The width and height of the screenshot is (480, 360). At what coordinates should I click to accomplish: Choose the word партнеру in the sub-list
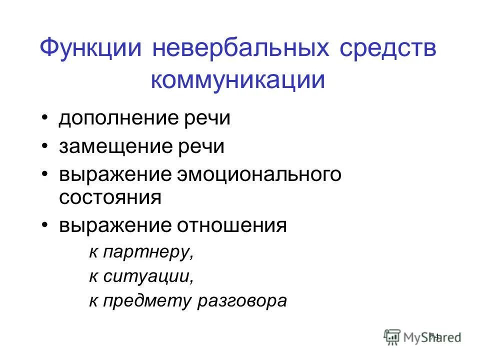point(147,251)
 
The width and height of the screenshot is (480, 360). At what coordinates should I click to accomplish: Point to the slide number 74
point(433,335)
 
